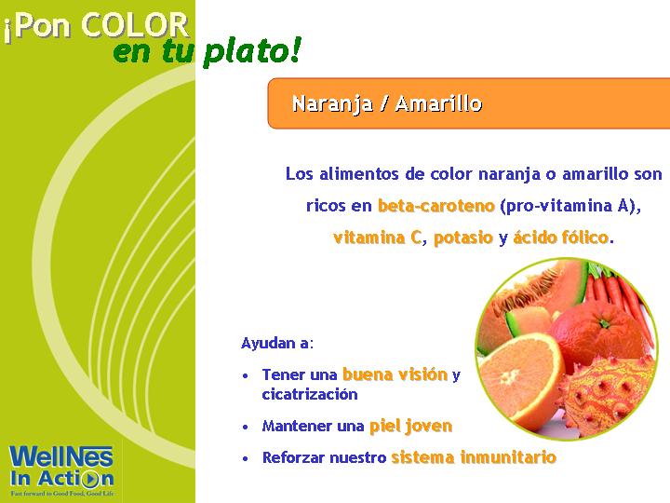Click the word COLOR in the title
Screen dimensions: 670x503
(x=135, y=25)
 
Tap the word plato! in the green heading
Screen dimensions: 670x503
(x=252, y=52)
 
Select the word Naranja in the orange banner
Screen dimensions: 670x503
(x=332, y=104)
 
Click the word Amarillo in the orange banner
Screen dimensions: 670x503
(x=438, y=103)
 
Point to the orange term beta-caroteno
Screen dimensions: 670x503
(x=436, y=206)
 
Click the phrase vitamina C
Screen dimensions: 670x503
(x=377, y=238)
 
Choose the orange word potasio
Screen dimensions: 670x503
(x=463, y=238)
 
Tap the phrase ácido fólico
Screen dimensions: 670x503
(x=560, y=237)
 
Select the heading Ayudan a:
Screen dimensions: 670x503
(x=277, y=343)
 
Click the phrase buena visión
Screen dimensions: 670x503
(x=395, y=374)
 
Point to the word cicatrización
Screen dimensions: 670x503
(x=310, y=394)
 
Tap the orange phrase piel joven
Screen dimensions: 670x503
(x=410, y=427)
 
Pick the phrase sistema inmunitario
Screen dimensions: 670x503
(x=474, y=457)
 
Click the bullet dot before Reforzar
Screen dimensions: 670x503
(x=246, y=458)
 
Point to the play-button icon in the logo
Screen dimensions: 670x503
(x=90, y=480)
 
